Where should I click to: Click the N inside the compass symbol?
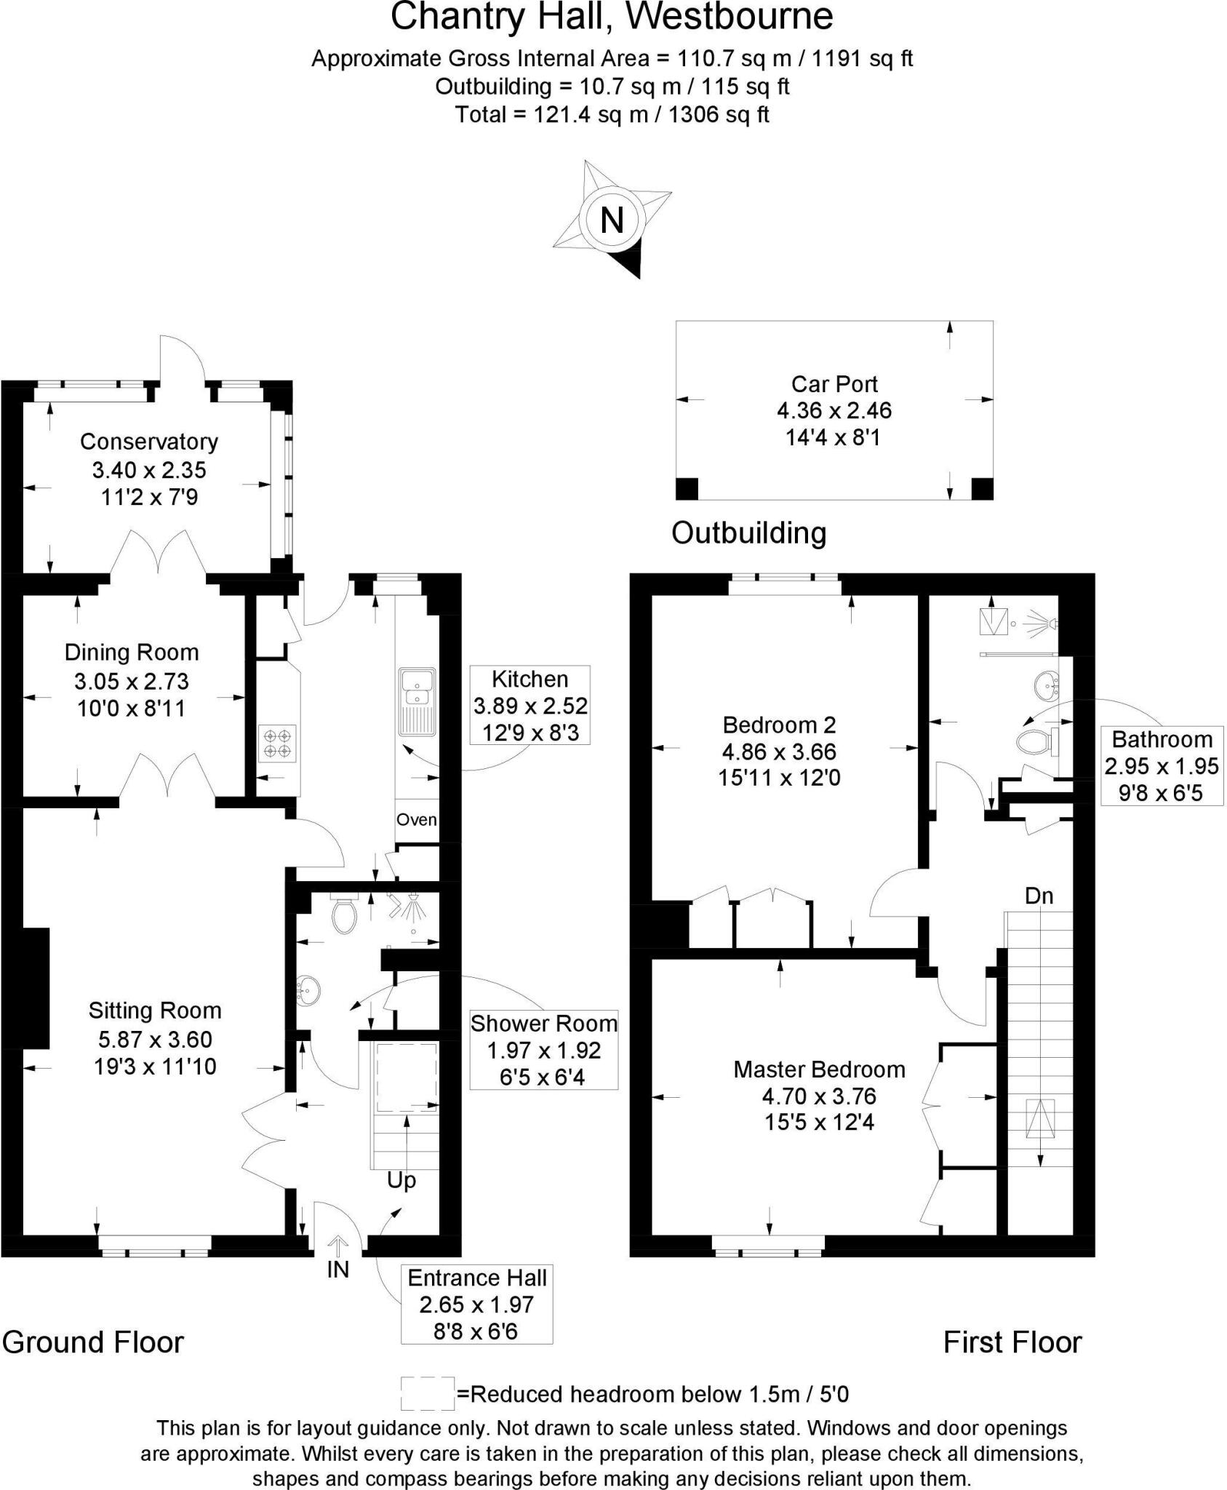pos(612,220)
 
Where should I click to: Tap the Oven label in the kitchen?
pos(417,820)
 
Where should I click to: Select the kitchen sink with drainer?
pos(417,703)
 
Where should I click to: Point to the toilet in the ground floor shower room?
pos(344,915)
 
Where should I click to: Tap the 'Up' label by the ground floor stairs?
pos(401,1180)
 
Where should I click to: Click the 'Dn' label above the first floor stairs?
pos(1039,896)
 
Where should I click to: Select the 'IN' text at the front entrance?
pos(338,1270)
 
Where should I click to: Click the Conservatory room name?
pos(149,442)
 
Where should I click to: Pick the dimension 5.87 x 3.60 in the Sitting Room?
pos(155,1039)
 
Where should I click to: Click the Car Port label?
pos(834,384)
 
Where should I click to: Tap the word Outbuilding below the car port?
pos(748,533)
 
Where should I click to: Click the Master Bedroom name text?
pos(819,1069)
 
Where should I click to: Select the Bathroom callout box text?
pos(1162,740)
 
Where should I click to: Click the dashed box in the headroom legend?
pos(428,1393)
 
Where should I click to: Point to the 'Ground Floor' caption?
pos(93,1342)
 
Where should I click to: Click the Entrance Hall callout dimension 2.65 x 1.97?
pos(476,1304)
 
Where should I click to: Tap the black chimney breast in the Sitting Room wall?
pos(36,987)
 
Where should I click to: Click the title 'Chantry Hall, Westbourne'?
pos(612,17)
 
